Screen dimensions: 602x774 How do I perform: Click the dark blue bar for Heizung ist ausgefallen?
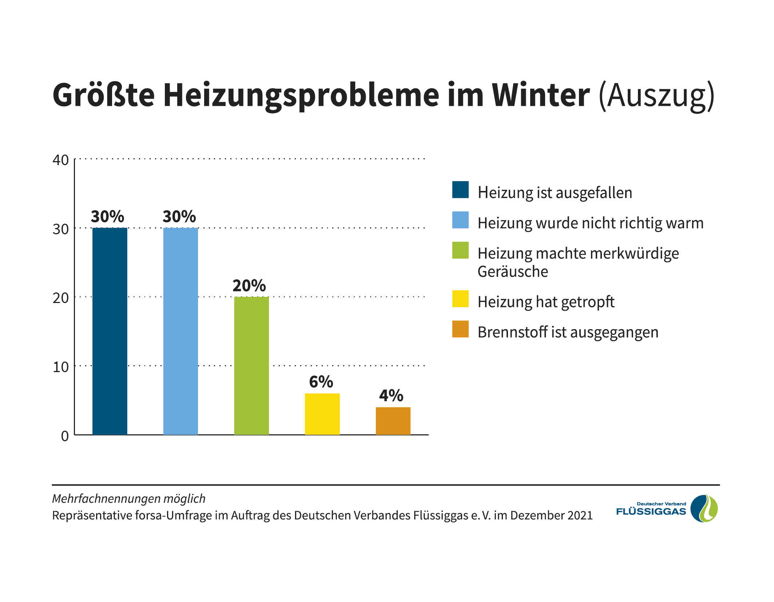tap(110, 331)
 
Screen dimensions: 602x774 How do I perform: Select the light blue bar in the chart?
tap(180, 331)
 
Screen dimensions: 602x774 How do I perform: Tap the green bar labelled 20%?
tap(251, 366)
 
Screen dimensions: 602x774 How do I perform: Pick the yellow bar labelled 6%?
tap(322, 414)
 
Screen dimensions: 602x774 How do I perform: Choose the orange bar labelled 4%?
tap(393, 421)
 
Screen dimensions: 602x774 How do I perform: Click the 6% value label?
tap(321, 382)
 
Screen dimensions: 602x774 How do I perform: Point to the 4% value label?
tap(391, 396)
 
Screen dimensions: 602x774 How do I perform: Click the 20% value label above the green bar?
tap(249, 286)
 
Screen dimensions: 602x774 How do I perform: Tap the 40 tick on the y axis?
tap(60, 160)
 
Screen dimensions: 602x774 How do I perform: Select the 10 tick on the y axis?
tap(60, 367)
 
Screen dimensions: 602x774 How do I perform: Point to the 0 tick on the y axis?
tap(65, 436)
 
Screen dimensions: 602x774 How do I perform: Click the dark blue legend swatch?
tap(460, 190)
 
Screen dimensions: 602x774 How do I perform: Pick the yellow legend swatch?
tap(460, 299)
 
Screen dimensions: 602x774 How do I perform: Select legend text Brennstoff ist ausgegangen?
tap(568, 332)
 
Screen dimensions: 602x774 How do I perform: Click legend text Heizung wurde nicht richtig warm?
tap(590, 223)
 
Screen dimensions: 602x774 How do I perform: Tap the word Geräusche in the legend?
tap(512, 272)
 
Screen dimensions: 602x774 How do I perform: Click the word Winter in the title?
tap(541, 95)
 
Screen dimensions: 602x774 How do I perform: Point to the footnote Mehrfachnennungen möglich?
tap(129, 498)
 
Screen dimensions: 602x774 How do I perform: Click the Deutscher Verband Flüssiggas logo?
tap(667, 509)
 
